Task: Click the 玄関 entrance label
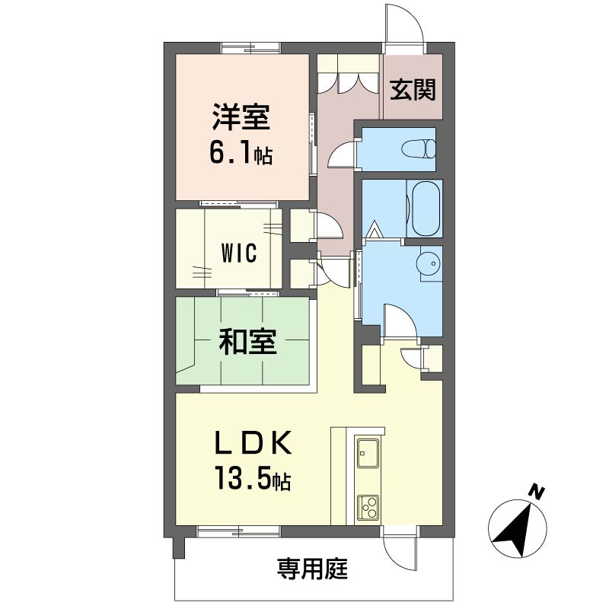click(413, 90)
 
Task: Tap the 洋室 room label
click(241, 116)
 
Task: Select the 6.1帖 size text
click(241, 153)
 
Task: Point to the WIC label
click(239, 253)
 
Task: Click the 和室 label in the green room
click(248, 341)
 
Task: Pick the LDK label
click(253, 443)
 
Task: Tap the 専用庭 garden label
click(312, 569)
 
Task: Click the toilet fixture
click(419, 148)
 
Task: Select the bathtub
click(425, 209)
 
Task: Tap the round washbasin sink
click(429, 263)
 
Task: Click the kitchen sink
click(368, 454)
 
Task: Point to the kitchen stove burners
click(368, 508)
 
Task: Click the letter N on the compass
click(537, 493)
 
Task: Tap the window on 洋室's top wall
click(251, 47)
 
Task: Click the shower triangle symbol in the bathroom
click(374, 230)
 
